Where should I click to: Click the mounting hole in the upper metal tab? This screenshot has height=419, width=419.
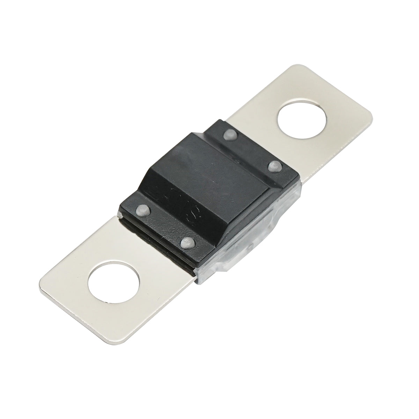(x=302, y=120)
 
